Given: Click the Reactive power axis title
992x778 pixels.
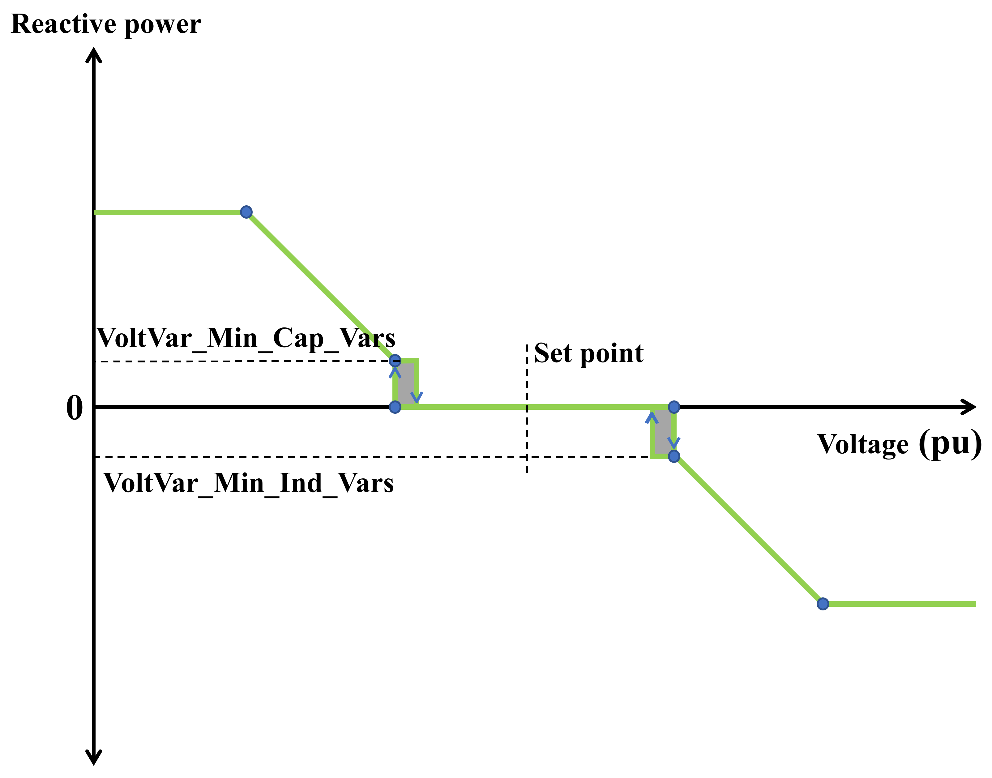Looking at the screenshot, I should coord(106,24).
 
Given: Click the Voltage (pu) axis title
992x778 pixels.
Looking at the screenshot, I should coord(899,444).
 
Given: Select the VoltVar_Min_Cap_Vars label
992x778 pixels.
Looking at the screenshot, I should coord(246,338).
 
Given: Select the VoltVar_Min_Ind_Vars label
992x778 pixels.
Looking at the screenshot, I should coord(249,483).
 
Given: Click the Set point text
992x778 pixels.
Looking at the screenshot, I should coord(588,353).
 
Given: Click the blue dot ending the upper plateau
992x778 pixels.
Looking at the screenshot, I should coord(246,212).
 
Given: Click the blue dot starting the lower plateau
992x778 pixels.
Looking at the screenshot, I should coord(823,604).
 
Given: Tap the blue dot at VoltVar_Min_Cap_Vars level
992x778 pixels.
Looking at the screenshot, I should coord(395,361).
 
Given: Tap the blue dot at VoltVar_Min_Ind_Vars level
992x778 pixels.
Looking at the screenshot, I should coord(674,456).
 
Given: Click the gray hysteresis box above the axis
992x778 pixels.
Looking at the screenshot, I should coord(406,383).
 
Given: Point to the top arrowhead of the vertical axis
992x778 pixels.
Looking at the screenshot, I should coord(94,55).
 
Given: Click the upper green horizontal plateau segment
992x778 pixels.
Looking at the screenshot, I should coord(169,212).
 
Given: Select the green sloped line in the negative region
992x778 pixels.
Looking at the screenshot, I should coord(747,528).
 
